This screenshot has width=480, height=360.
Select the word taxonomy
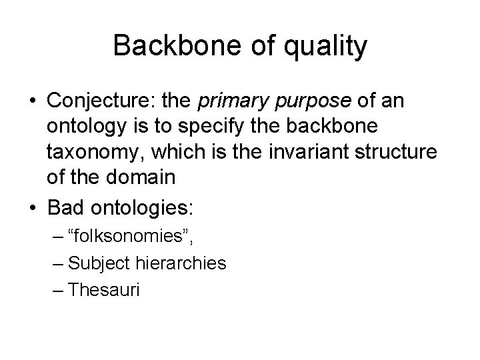(x=91, y=153)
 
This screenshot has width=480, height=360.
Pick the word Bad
(x=66, y=207)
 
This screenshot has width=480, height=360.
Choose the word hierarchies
(x=187, y=263)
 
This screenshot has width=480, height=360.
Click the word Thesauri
(x=104, y=290)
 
